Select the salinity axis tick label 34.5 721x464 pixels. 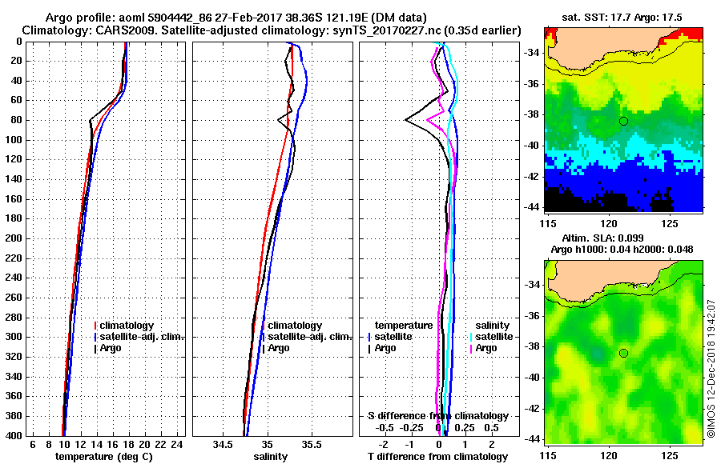(224, 444)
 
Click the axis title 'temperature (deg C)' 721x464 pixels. (103, 456)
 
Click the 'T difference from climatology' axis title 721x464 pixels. (437, 456)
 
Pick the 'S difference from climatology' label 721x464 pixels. (437, 416)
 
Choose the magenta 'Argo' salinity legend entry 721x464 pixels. (485, 348)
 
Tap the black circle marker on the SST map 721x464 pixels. (623, 121)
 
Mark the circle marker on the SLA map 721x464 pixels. (623, 353)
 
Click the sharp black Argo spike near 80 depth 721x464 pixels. (407, 120)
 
